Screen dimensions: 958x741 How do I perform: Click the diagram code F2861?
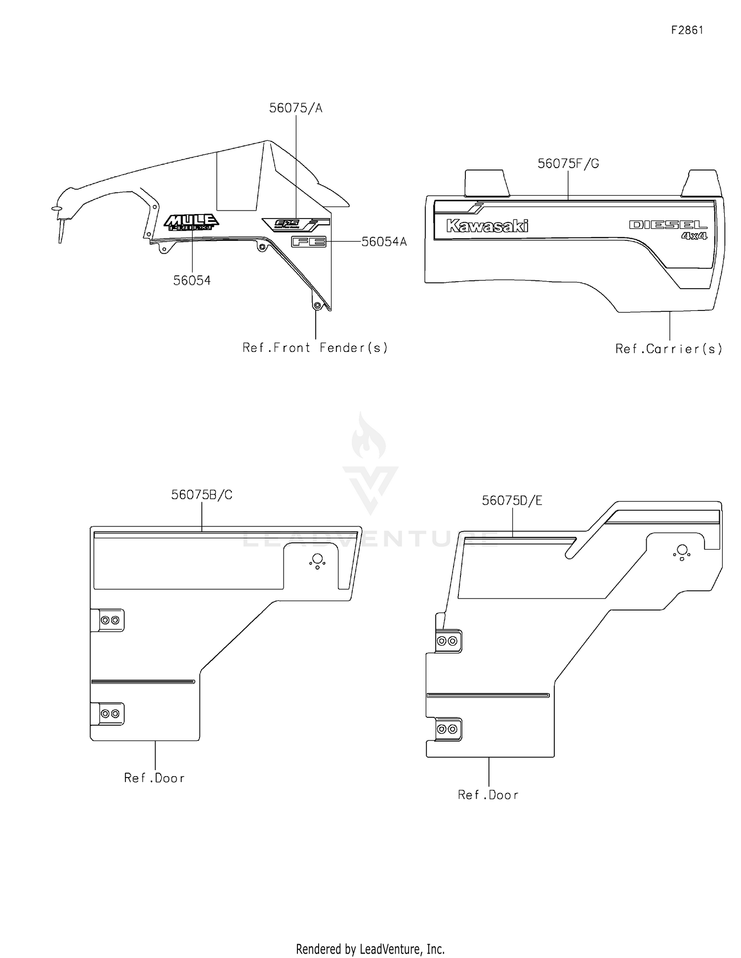[x=687, y=30]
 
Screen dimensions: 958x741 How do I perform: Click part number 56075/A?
[x=295, y=108]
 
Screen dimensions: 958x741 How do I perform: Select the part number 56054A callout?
[x=384, y=242]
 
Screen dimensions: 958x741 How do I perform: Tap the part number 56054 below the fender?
[x=192, y=281]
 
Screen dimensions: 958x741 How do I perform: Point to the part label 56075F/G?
[x=568, y=164]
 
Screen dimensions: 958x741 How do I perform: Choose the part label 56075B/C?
[x=202, y=495]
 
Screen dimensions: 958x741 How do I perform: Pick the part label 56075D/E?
[x=512, y=501]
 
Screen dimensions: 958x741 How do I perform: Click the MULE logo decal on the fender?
[x=191, y=222]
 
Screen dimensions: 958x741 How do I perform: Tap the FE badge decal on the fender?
[x=308, y=242]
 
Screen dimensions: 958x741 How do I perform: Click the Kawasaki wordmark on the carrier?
[x=487, y=226]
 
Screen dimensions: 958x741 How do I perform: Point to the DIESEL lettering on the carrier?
[x=668, y=225]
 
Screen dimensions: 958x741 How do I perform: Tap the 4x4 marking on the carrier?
[x=694, y=236]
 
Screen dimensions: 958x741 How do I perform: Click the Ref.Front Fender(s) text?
[x=315, y=348]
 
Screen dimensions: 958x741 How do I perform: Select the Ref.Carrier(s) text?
[x=669, y=349]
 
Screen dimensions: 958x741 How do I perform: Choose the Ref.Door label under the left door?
[x=155, y=778]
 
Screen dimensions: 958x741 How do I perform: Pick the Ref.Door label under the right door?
[x=488, y=795]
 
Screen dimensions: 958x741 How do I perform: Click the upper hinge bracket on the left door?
[x=109, y=620]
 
